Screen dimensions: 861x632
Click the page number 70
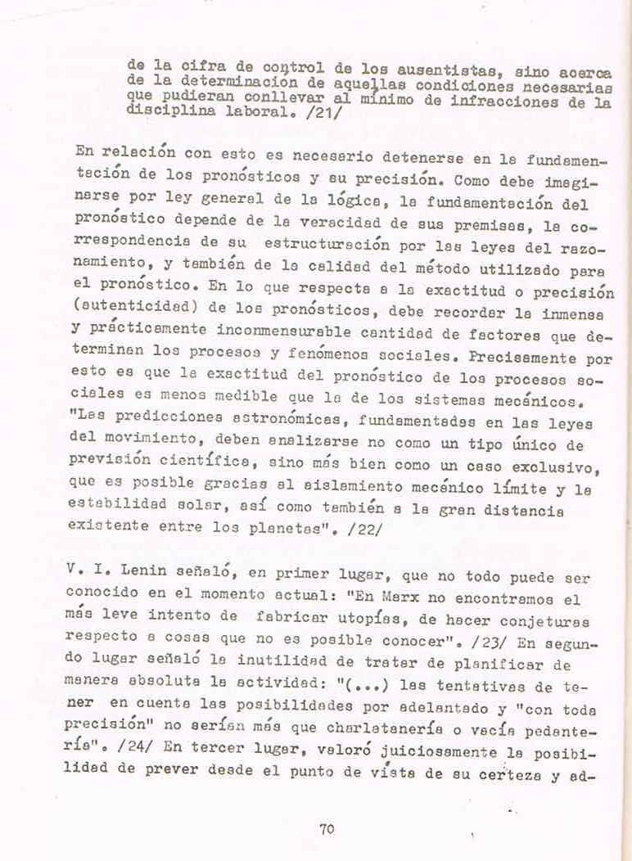point(327,828)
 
